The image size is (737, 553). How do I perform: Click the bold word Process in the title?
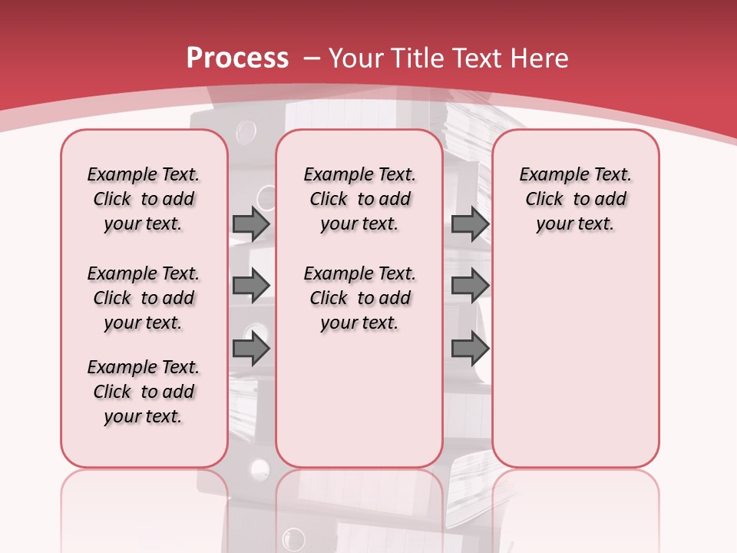pyautogui.click(x=237, y=58)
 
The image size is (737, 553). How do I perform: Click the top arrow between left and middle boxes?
pyautogui.click(x=251, y=224)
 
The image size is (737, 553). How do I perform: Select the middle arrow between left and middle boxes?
pyautogui.click(x=251, y=285)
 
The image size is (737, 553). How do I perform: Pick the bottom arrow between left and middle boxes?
pyautogui.click(x=251, y=349)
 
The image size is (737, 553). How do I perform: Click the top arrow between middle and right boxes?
pyautogui.click(x=470, y=224)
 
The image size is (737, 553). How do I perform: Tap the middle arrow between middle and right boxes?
pyautogui.click(x=470, y=285)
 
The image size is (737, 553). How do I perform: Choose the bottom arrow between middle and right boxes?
pyautogui.click(x=470, y=349)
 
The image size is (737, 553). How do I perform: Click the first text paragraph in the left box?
pyautogui.click(x=144, y=199)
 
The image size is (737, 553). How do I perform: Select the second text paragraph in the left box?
pyautogui.click(x=144, y=298)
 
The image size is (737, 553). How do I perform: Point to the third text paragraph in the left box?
pyautogui.click(x=144, y=392)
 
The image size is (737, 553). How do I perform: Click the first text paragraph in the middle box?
pyautogui.click(x=359, y=199)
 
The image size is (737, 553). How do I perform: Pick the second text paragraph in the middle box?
pyautogui.click(x=359, y=298)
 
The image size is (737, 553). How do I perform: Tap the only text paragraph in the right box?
pyautogui.click(x=575, y=199)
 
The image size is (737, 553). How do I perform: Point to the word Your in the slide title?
pyautogui.click(x=355, y=58)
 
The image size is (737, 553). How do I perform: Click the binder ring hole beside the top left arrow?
pyautogui.click(x=266, y=198)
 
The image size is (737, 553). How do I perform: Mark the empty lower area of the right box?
pyautogui.click(x=575, y=369)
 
